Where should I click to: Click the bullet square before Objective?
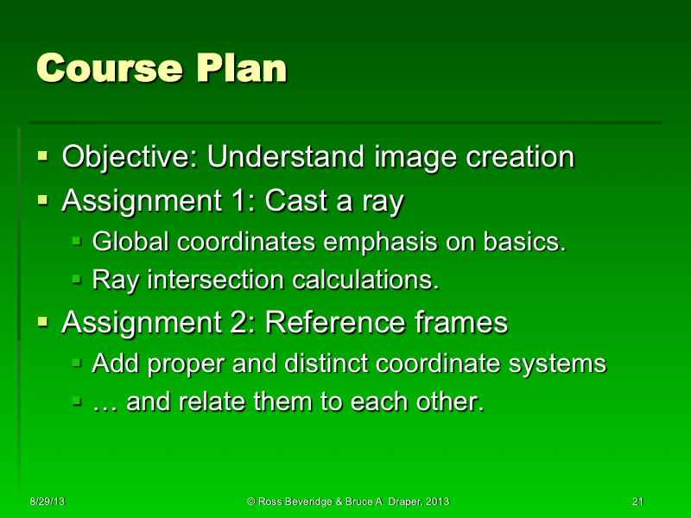(42, 157)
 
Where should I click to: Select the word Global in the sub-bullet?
(131, 243)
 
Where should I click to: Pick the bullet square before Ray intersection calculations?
(76, 280)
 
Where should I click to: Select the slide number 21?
(638, 502)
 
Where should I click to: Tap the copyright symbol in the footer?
(250, 502)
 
